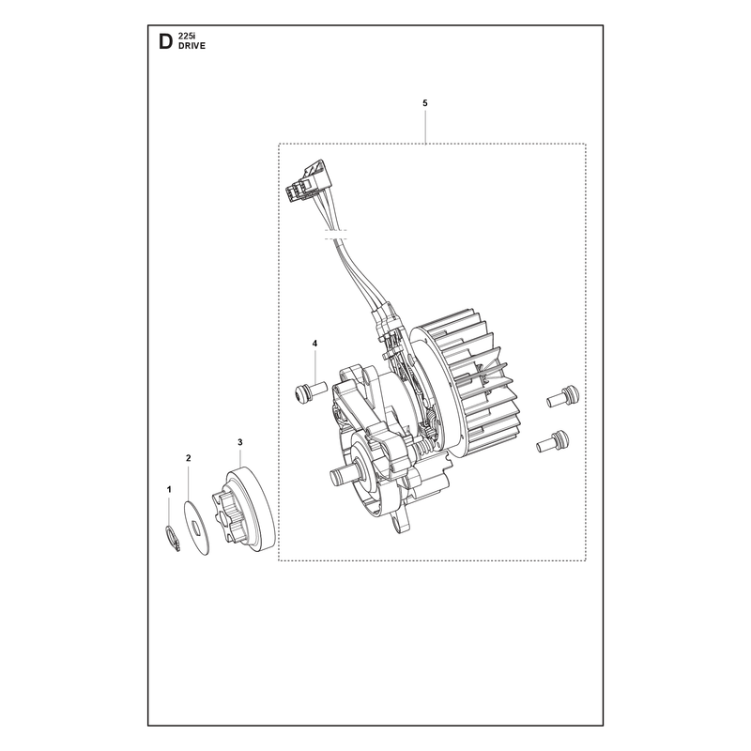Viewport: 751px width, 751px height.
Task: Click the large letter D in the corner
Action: (165, 41)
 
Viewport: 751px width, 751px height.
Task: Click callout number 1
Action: (169, 489)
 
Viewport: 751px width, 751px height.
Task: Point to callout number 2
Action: (189, 458)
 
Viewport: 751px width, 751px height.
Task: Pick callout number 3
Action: (240, 442)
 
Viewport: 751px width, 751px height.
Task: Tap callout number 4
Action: (314, 344)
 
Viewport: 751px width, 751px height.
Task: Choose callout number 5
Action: (425, 103)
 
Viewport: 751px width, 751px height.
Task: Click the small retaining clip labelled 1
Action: (172, 538)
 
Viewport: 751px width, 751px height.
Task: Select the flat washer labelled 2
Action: (197, 529)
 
